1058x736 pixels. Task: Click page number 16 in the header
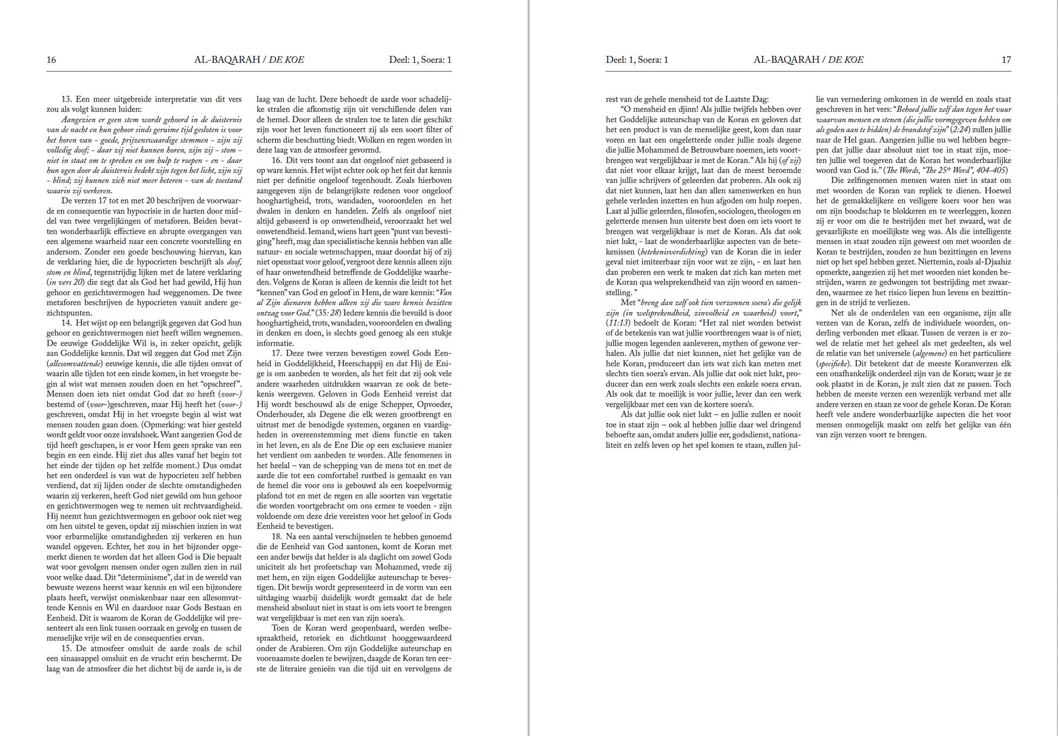51,60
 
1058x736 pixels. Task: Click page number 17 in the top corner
1006,60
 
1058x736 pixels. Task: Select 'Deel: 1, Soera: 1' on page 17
637,60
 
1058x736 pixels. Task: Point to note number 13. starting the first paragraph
66,100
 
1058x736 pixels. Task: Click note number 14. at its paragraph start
66,323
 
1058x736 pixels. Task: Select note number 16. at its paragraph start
277,160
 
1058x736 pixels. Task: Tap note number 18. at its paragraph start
277,537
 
